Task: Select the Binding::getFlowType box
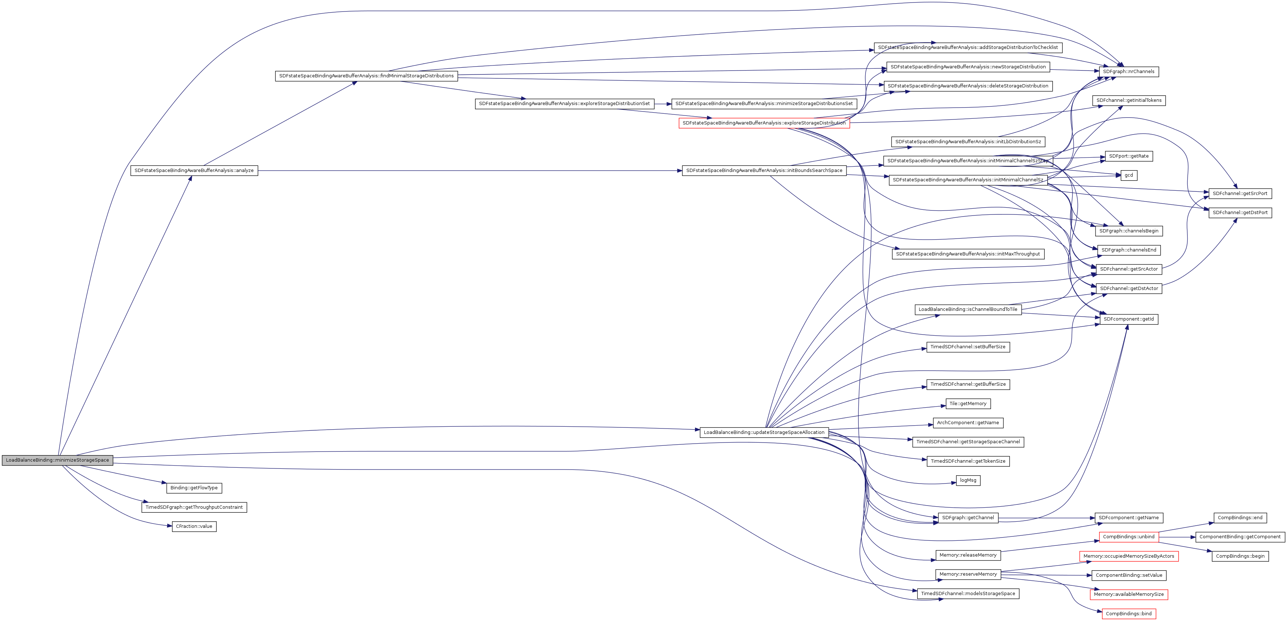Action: (x=194, y=488)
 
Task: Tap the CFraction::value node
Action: (x=194, y=526)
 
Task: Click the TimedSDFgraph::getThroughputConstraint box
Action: (x=194, y=507)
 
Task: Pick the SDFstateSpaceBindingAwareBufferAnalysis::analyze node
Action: (x=194, y=171)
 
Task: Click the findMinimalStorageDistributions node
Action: (x=366, y=76)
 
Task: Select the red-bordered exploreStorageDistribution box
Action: (x=764, y=123)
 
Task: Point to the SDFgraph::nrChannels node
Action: (x=1129, y=72)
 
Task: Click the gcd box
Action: (x=1129, y=175)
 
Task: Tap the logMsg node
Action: (x=968, y=480)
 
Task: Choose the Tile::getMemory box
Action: (x=968, y=404)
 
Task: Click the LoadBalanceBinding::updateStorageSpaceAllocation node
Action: (x=764, y=432)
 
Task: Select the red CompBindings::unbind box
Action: (x=1129, y=536)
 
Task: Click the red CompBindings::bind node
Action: (x=1129, y=613)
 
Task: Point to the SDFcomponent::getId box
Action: (x=1129, y=319)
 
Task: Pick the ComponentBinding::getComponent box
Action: (x=1240, y=536)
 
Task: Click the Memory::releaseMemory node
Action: (x=968, y=555)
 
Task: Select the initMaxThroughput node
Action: (x=968, y=254)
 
